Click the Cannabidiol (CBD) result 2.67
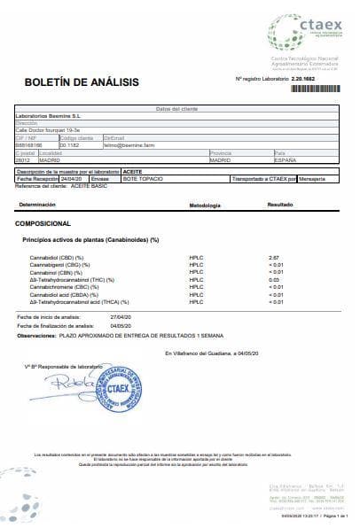tap(273, 256)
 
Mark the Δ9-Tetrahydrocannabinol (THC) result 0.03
tap(273, 279)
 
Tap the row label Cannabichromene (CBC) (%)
tap(63, 287)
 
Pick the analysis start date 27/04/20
tap(120, 315)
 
